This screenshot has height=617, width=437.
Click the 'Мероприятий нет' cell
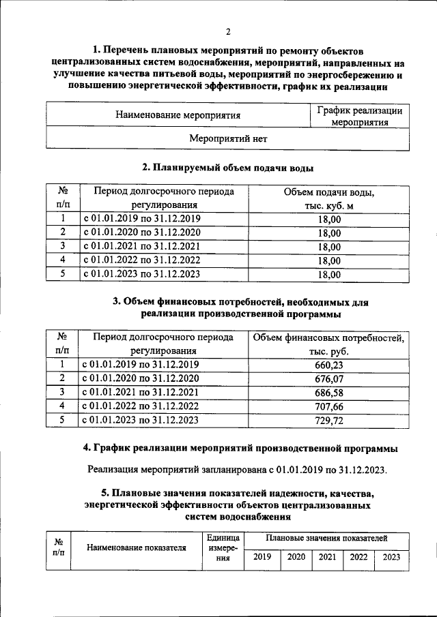(x=227, y=138)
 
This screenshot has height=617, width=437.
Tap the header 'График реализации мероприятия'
(x=360, y=116)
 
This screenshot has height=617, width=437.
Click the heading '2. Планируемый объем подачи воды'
(x=227, y=167)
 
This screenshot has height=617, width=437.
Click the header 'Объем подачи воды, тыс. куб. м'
(x=329, y=198)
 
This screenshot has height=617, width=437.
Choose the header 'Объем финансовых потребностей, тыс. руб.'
(x=329, y=344)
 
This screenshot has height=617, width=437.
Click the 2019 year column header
(x=262, y=557)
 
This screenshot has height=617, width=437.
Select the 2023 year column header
(x=391, y=557)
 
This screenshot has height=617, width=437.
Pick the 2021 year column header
(x=327, y=557)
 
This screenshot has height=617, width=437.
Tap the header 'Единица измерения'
(x=223, y=548)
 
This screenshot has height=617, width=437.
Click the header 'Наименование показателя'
(x=137, y=547)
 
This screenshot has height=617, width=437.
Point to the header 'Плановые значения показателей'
(x=326, y=539)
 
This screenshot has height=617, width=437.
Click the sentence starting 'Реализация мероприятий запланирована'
(x=237, y=470)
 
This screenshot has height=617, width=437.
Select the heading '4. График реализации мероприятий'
(x=237, y=448)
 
